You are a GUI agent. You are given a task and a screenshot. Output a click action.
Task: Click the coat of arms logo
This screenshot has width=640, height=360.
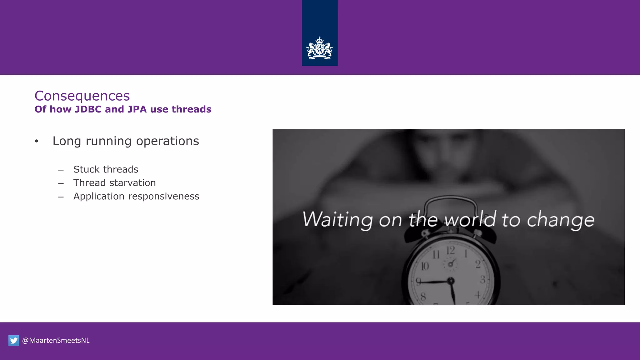click(319, 48)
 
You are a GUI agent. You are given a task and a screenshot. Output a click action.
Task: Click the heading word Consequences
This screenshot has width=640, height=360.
click(82, 96)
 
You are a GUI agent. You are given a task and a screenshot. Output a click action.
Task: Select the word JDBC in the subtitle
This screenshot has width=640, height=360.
click(88, 109)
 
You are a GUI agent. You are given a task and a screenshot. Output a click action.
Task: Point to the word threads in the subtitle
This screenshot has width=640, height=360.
click(191, 109)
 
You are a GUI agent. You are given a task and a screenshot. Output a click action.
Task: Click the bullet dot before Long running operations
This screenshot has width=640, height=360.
click(37, 141)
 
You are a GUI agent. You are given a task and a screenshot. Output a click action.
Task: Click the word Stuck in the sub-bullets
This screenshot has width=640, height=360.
click(86, 169)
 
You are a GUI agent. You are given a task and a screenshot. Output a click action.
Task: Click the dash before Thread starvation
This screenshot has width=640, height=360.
click(61, 183)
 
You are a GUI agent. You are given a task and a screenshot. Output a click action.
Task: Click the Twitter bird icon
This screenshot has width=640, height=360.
click(13, 340)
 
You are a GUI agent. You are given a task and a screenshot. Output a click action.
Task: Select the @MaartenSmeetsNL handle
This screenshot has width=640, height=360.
click(56, 340)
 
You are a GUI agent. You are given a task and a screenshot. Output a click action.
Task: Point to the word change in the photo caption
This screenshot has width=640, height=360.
click(561, 220)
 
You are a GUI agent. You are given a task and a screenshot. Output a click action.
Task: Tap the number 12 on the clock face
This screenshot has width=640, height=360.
click(450, 250)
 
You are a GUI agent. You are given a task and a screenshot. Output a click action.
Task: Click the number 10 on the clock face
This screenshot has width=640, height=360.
click(425, 266)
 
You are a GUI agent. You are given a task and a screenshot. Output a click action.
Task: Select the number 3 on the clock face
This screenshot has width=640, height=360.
click(482, 279)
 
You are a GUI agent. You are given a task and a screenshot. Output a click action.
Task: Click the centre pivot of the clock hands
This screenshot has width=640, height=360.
click(451, 281)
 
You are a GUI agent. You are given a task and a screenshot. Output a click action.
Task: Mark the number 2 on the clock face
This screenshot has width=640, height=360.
click(478, 264)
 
